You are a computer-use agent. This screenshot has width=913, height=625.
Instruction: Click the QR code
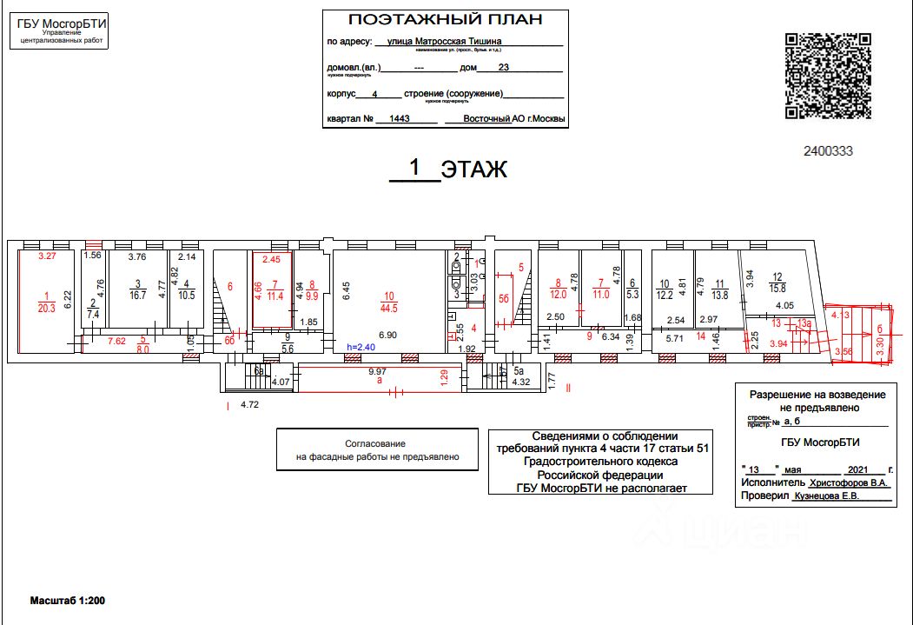[828, 76]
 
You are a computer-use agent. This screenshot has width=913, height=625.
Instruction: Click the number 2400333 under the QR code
[828, 150]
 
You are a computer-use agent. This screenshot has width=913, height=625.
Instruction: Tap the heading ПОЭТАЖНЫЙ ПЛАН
[444, 20]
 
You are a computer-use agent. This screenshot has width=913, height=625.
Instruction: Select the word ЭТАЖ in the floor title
[473, 169]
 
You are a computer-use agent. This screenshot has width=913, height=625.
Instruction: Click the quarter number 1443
[400, 119]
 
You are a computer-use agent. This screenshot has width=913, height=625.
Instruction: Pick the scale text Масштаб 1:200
[68, 601]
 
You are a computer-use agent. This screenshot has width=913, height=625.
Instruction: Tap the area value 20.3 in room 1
[46, 307]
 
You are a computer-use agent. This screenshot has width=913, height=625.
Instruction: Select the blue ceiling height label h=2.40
[361, 347]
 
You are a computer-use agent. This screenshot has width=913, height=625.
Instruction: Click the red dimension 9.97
[377, 371]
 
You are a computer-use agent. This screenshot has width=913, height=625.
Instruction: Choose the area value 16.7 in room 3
[137, 296]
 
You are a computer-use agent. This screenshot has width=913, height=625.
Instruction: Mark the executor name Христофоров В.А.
[846, 481]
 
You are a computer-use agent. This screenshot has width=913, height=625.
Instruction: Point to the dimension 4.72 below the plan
[250, 404]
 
